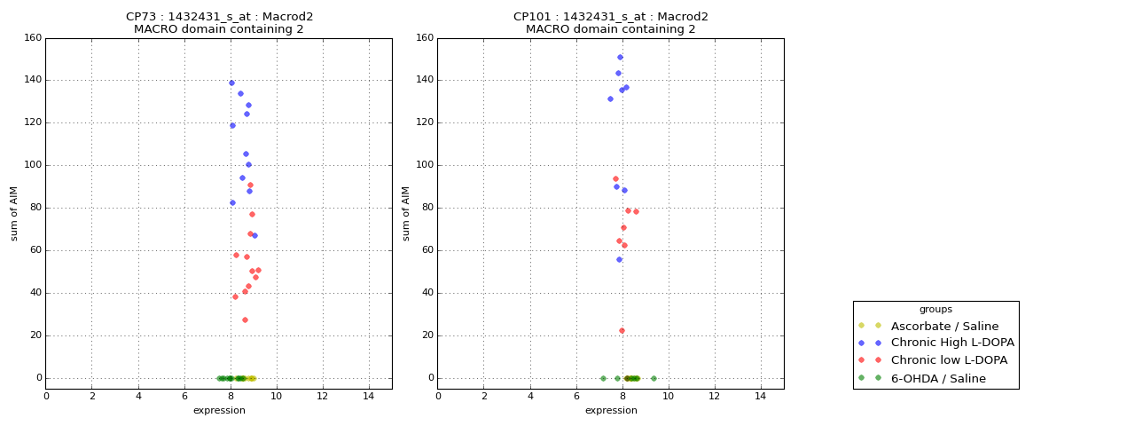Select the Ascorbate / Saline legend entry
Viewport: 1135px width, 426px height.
pos(944,326)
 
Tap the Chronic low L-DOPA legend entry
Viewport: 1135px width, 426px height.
pos(949,360)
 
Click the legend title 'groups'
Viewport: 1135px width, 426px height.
pos(935,310)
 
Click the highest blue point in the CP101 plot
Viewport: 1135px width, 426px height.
pos(620,57)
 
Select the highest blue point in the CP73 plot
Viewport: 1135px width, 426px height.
pos(231,83)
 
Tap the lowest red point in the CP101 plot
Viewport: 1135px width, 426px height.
pos(622,330)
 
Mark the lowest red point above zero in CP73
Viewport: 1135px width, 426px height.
pos(245,319)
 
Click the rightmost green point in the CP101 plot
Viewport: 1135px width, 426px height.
pos(654,378)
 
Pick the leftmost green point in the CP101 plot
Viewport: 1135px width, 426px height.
pos(603,378)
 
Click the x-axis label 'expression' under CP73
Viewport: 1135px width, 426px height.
pos(219,410)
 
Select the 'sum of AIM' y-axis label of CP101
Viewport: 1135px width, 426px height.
pos(406,213)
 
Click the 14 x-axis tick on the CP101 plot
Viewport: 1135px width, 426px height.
pos(760,396)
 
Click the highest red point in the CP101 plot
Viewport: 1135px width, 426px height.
pos(615,178)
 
